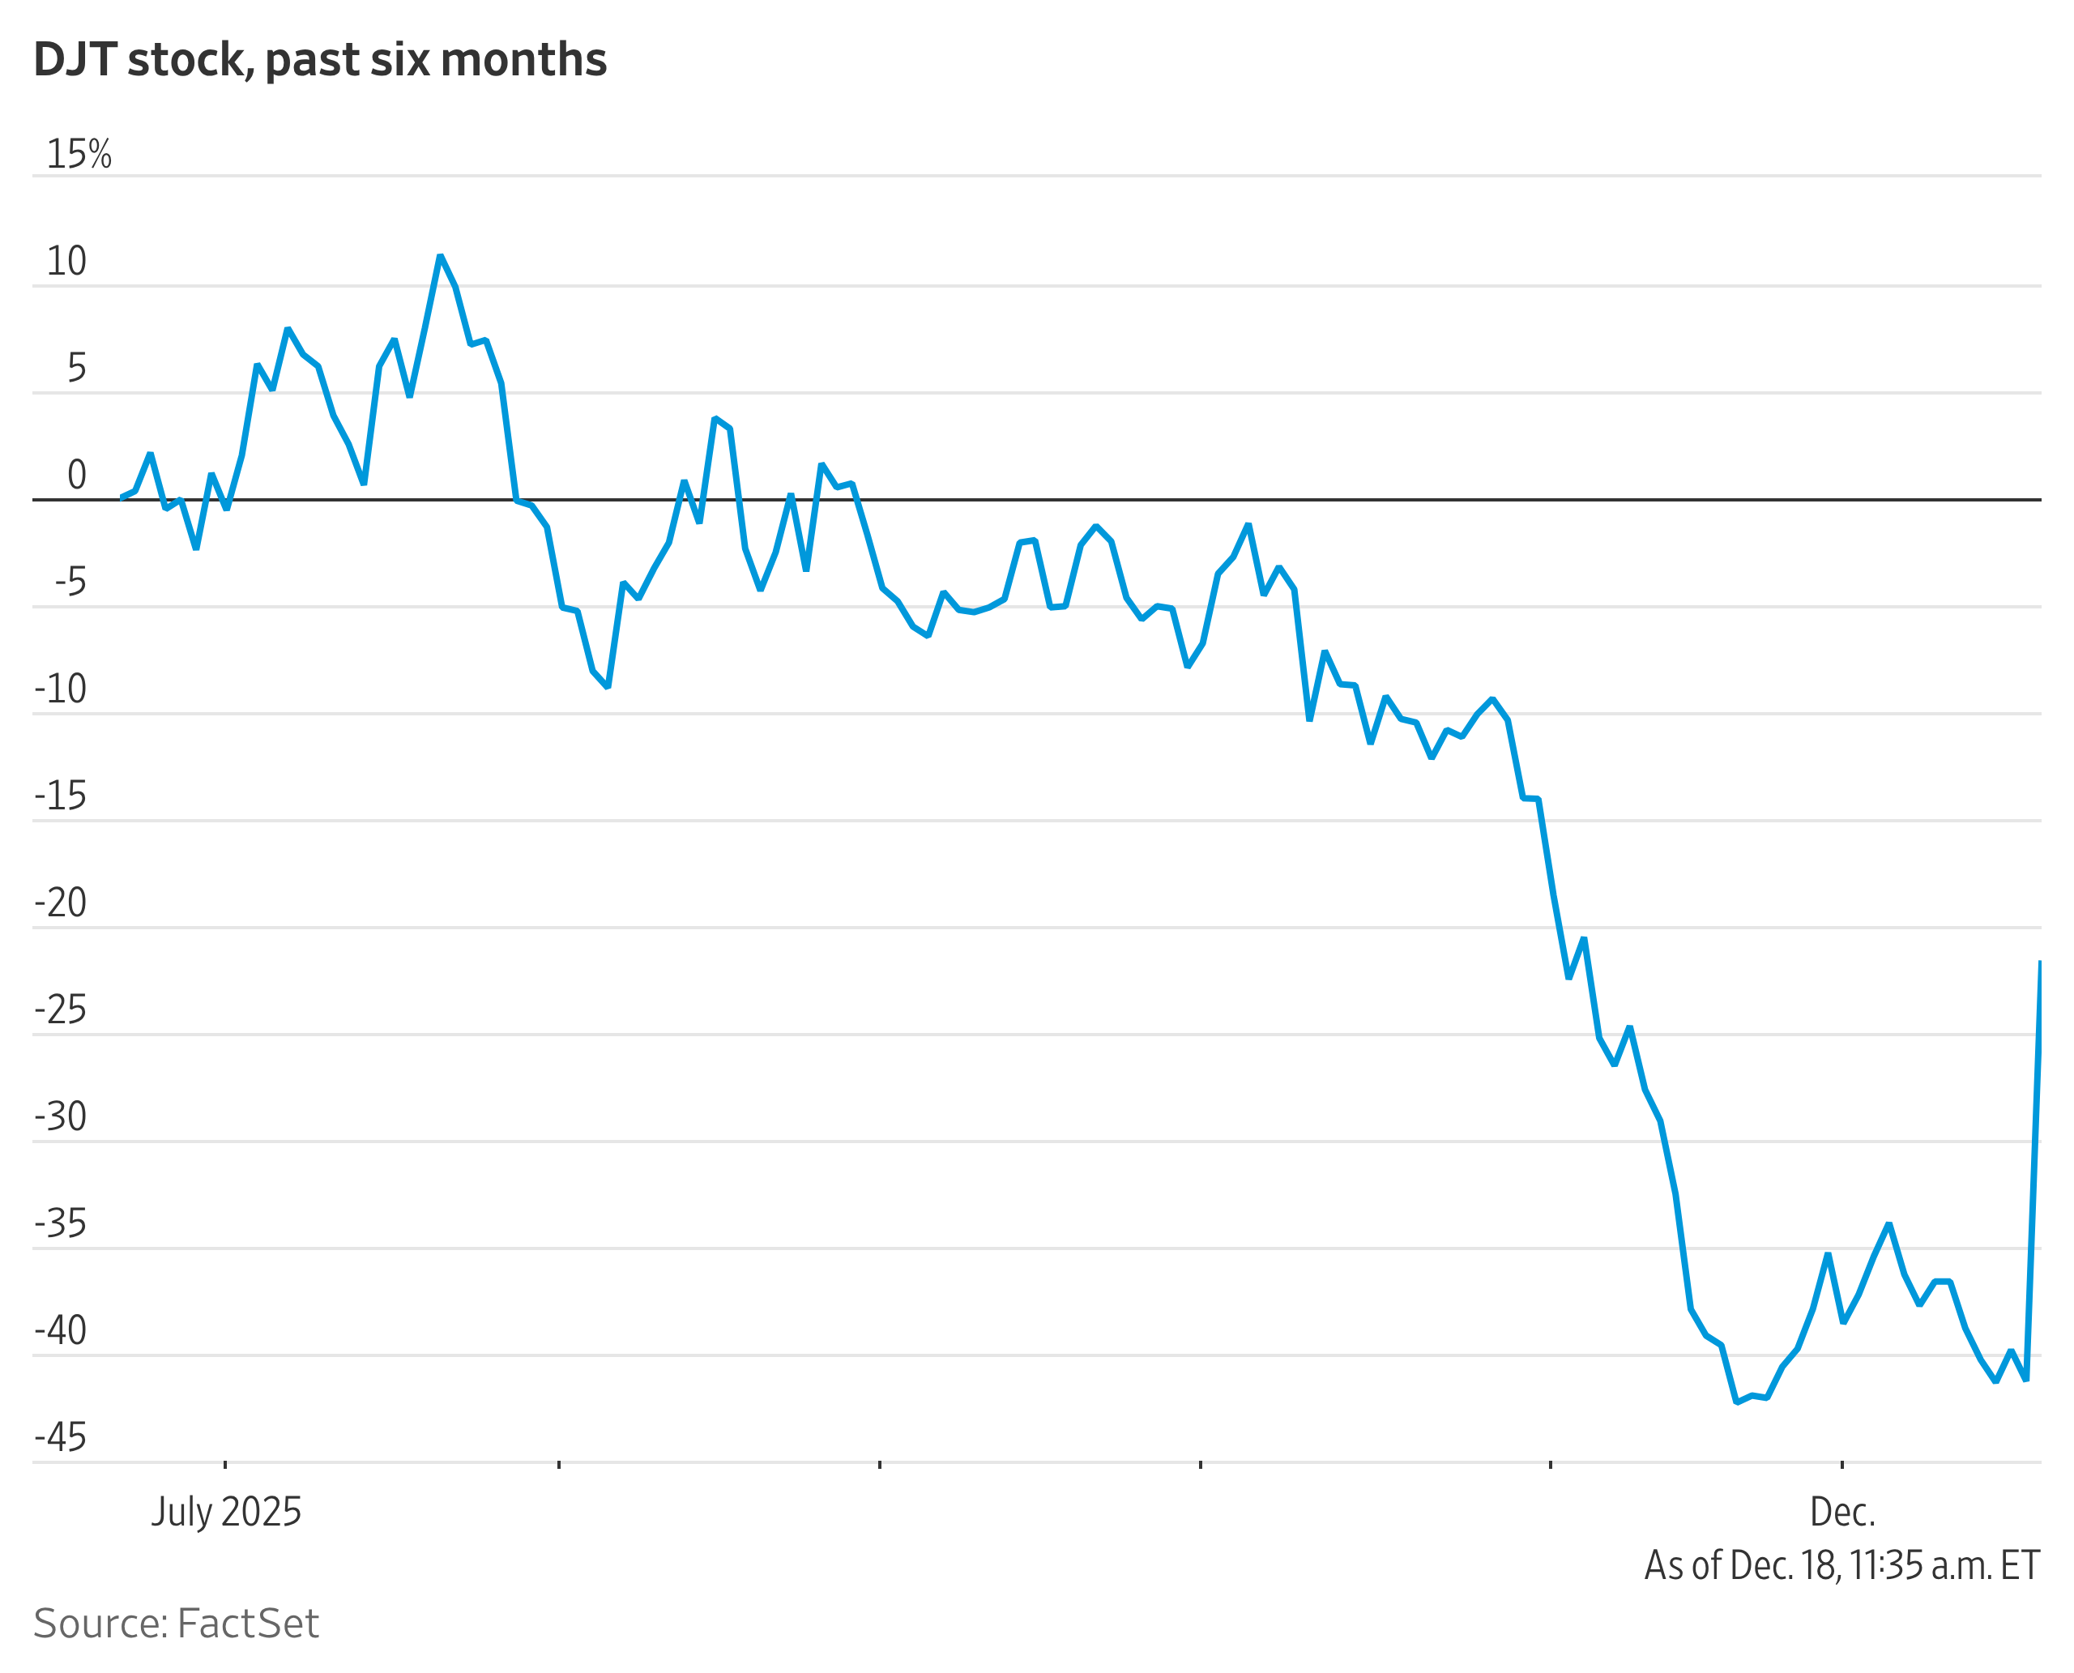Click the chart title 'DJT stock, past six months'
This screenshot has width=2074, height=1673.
click(x=320, y=60)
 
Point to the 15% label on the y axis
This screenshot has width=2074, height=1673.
click(x=79, y=154)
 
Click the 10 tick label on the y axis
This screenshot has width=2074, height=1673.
click(x=66, y=261)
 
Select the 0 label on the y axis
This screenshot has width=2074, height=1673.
click(x=76, y=475)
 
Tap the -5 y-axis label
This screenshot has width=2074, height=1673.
click(x=70, y=582)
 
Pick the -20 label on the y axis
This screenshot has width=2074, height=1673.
click(x=60, y=903)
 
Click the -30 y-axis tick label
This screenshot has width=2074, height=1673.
click(x=60, y=1117)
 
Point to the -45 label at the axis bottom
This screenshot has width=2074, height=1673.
click(x=60, y=1437)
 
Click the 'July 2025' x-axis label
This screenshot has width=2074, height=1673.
click(x=225, y=1512)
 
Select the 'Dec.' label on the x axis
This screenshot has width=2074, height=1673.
click(x=1841, y=1512)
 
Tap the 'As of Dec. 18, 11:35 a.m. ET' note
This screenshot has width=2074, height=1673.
click(x=1841, y=1565)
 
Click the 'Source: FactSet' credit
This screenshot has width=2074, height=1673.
click(x=176, y=1624)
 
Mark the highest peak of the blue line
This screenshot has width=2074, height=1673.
click(x=439, y=256)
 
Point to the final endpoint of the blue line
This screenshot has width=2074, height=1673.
click(x=2039, y=962)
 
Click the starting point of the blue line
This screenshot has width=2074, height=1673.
click(x=122, y=497)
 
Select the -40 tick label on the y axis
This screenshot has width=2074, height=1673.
click(x=60, y=1331)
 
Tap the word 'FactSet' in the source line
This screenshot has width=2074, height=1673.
click(x=248, y=1624)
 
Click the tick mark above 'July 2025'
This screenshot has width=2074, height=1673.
click(x=225, y=1465)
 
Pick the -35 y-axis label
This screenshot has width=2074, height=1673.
click(x=60, y=1224)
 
